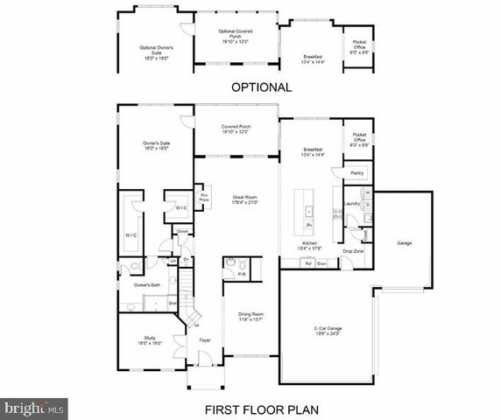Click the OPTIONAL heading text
[260, 87]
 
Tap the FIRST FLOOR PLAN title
[260, 408]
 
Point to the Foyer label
[205, 339]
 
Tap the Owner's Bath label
[145, 285]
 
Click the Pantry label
[356, 173]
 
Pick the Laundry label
[353, 204]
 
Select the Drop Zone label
[353, 251]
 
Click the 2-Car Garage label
[327, 330]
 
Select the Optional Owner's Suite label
[155, 51]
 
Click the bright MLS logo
[32, 407]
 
